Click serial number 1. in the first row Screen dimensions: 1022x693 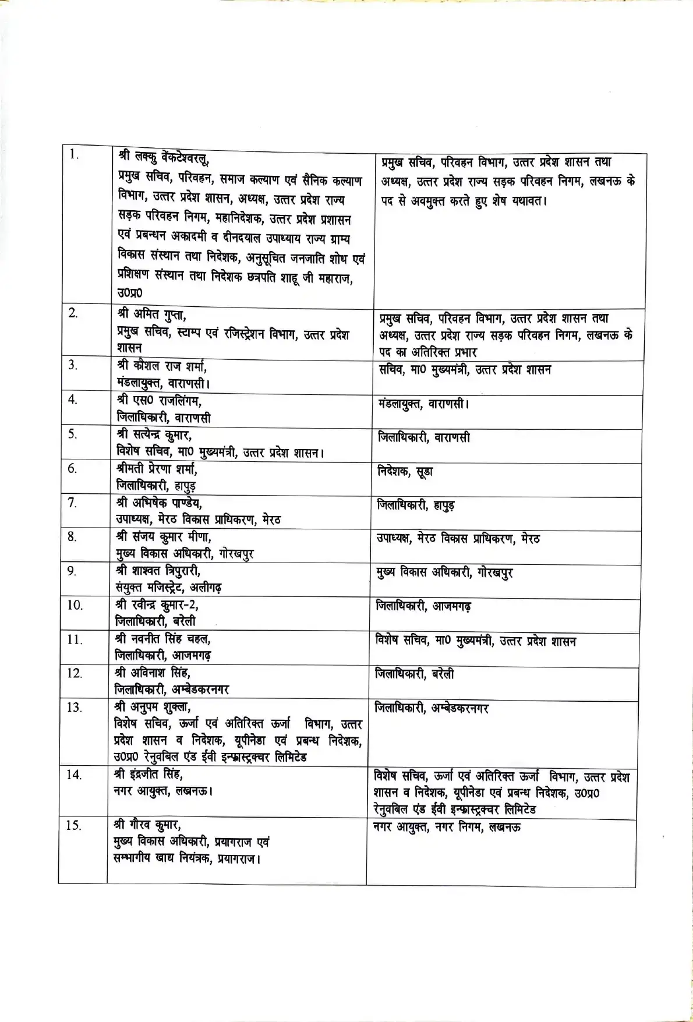point(73,154)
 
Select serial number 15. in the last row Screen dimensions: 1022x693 point(73,826)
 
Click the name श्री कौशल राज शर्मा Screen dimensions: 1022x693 point(162,367)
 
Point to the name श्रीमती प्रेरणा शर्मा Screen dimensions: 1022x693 point(157,469)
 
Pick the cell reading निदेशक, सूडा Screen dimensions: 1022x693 point(405,472)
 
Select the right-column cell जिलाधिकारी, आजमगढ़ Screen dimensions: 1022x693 point(423,607)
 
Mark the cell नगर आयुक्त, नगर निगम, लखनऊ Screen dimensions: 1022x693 point(447,827)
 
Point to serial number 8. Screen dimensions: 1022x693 point(72,537)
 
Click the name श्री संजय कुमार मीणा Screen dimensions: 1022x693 point(164,536)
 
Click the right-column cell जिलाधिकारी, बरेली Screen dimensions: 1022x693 point(415,674)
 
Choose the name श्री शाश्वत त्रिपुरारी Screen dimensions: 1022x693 point(158,571)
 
